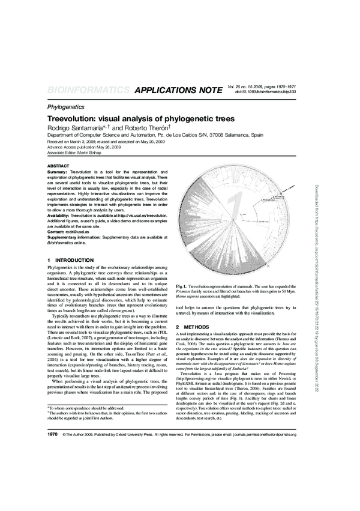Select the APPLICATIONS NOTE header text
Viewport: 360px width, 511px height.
179,91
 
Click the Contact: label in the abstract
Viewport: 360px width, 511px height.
56,231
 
